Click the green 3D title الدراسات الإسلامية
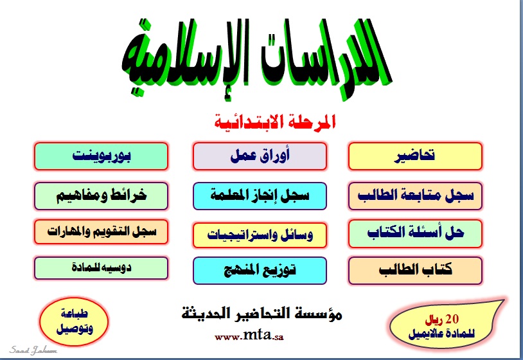coord(256,59)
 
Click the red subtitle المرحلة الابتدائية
coord(275,122)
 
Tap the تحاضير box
coord(415,156)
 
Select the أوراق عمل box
coord(260,156)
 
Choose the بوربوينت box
coord(101,156)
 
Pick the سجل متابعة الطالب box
coord(415,196)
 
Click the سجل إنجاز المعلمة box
coord(260,196)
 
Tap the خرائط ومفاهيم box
coord(101,196)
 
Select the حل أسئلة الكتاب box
coord(415,233)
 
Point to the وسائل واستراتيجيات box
coord(260,235)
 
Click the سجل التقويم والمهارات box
coord(101,232)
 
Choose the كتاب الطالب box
coord(415,271)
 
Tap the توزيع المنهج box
coord(260,271)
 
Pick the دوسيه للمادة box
coord(101,268)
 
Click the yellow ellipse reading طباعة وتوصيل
coord(74,321)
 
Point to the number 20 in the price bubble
coord(452,319)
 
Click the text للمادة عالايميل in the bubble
coord(441,333)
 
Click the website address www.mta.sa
coord(249,335)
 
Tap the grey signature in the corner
coord(33,350)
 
